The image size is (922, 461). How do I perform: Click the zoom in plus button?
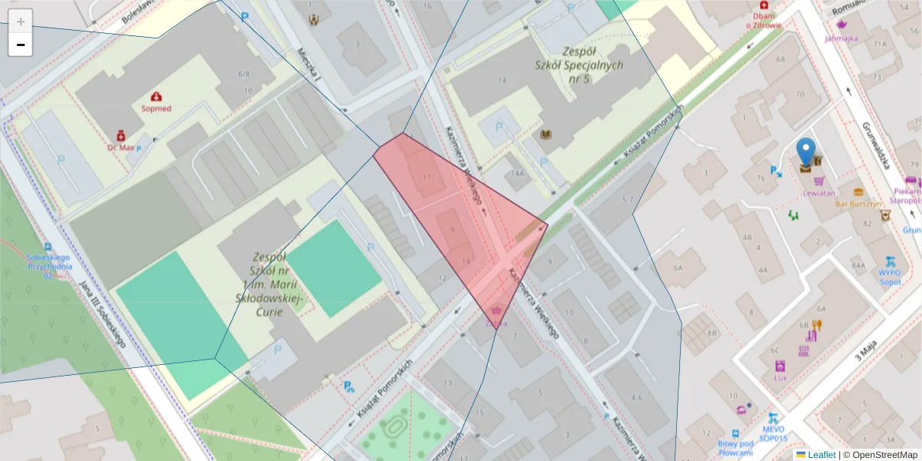pos(21,22)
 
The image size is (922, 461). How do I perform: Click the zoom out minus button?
pos(21,45)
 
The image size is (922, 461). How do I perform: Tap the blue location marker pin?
pos(805,151)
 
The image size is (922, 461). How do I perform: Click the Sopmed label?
pos(156,108)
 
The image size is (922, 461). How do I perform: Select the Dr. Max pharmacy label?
pos(121,146)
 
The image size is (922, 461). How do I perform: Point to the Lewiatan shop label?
pos(820,193)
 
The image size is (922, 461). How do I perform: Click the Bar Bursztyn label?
pos(857,204)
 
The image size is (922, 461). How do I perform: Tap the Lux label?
pos(781,377)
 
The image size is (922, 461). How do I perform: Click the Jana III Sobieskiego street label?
pos(101,314)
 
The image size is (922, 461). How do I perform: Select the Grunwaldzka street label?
pos(875,146)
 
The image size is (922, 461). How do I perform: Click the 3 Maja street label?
pos(866,353)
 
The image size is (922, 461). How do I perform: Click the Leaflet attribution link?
pos(821,455)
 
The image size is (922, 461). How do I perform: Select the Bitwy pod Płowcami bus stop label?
pos(735,447)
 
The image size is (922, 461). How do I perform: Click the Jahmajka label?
pos(841,37)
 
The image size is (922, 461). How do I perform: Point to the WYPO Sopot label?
pos(890,277)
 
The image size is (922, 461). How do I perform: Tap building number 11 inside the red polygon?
pos(427,177)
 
